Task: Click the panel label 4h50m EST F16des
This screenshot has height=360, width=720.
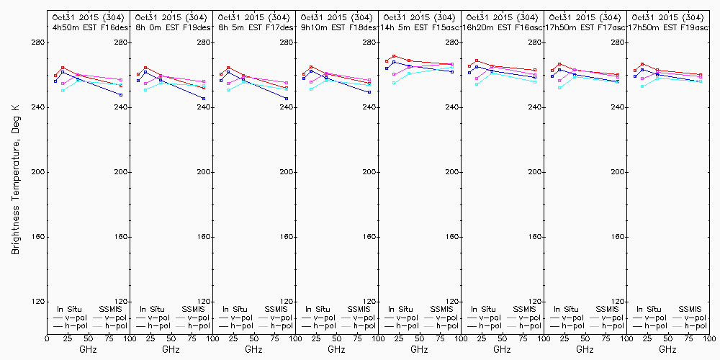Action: tap(87, 27)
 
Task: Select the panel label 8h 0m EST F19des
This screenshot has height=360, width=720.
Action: tap(170, 27)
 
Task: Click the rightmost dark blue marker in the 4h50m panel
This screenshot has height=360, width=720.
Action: tap(121, 95)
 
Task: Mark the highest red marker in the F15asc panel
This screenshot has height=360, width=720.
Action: tap(394, 55)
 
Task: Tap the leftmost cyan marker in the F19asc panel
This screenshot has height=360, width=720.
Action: tap(642, 86)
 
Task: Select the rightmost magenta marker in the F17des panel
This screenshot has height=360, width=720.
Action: tap(287, 83)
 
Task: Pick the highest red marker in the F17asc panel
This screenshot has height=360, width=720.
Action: tap(559, 64)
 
